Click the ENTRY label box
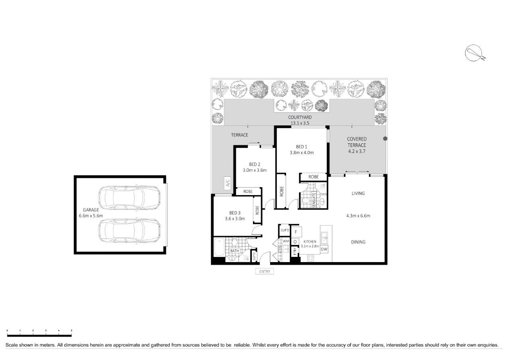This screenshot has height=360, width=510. pos(265,272)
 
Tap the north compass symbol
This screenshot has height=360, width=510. pos(474,53)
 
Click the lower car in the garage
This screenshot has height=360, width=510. pos(129,232)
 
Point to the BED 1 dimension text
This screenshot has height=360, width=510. pos(302,153)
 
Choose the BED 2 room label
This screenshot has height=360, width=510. pos(255,164)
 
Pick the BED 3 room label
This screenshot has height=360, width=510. pos(235,213)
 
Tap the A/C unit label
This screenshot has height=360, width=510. pos(228,183)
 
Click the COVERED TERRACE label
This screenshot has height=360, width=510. pos(357,142)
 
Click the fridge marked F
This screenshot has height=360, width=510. pos(296,231)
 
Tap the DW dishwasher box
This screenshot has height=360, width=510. pos(324,249)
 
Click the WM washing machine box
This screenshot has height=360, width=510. pos(286,241)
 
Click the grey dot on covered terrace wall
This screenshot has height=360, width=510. pos(385,139)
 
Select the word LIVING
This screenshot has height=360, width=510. pos(358,194)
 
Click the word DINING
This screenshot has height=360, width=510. pos(358,242)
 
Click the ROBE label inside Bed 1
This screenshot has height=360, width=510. pos(314,177)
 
